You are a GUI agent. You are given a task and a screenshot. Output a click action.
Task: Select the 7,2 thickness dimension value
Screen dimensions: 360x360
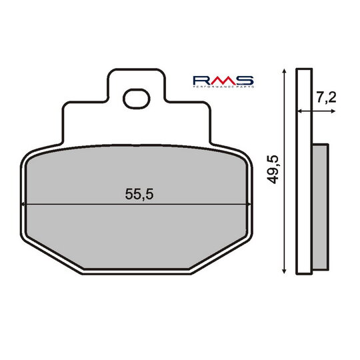pyautogui.click(x=326, y=99)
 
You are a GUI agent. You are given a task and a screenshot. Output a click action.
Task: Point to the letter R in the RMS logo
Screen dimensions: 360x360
pyautogui.click(x=202, y=81)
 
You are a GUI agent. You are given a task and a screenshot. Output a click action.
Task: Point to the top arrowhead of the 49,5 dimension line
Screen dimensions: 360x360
pyautogui.click(x=285, y=71)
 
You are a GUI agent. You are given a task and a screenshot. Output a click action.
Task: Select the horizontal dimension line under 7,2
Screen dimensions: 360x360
pyautogui.click(x=317, y=112)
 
